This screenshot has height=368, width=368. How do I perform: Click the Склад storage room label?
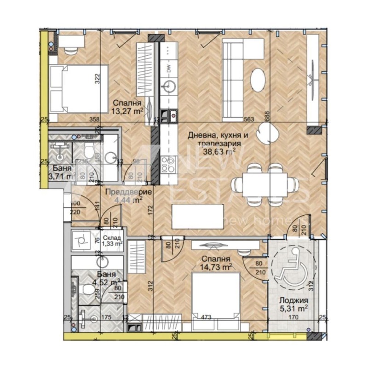click(112, 238)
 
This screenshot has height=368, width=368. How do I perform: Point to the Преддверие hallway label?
click(123, 192)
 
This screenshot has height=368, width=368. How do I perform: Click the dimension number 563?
click(249, 119)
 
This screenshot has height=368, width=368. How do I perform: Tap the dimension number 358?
click(95, 119)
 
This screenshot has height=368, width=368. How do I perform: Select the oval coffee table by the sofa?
click(258, 80)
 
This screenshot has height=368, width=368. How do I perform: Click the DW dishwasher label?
click(169, 70)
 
